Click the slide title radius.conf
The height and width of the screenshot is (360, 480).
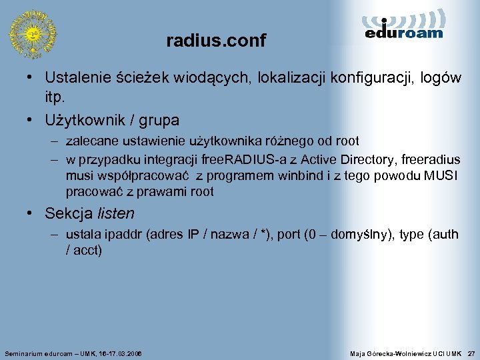click(x=216, y=41)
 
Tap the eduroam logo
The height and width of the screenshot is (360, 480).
click(x=405, y=26)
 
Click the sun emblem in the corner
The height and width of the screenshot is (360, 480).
click(x=32, y=33)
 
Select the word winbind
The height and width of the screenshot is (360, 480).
click(x=298, y=176)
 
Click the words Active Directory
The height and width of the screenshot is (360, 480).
click(x=359, y=159)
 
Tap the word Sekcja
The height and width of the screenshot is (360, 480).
click(x=69, y=214)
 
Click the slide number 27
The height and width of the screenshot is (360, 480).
click(x=471, y=352)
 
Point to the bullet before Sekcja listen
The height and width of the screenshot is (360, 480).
click(x=31, y=214)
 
